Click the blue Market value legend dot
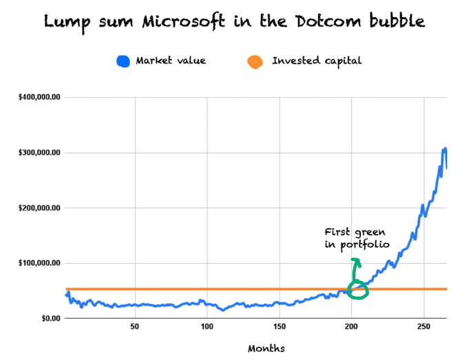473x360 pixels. pos(124,61)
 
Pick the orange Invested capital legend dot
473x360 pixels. pos(255,61)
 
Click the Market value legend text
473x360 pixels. pos(171,61)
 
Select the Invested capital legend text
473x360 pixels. pos(317,61)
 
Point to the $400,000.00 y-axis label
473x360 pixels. pos(40,97)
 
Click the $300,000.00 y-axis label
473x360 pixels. pos(40,152)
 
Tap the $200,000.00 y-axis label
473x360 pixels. pos(40,208)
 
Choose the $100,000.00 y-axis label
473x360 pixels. pos(40,263)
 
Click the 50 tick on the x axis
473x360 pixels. pos(135,326)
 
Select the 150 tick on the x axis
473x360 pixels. pos(280,326)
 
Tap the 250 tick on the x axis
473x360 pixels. pos(424,326)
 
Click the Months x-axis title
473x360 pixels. pos(266,348)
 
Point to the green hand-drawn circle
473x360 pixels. pos(357,290)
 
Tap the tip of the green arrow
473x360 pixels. pos(356,260)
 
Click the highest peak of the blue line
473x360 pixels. pos(445,149)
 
